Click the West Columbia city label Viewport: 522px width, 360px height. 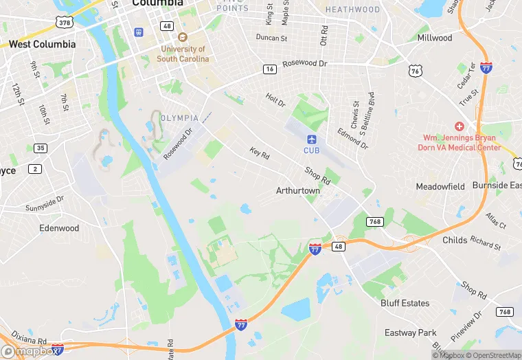[x=43, y=44]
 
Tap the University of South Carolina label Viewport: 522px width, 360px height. [x=183, y=54]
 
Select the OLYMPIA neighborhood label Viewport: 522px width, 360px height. [x=180, y=118]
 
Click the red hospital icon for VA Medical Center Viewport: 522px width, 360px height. [x=459, y=127]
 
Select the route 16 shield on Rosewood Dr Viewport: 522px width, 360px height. [x=269, y=69]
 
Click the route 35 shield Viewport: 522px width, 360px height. [x=41, y=148]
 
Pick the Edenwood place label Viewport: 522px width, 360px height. [x=59, y=228]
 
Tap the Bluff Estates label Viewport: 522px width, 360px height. [x=405, y=303]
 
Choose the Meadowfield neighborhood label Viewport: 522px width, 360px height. [x=440, y=186]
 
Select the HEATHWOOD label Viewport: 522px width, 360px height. [x=352, y=10]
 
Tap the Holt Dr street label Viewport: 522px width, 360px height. [x=275, y=100]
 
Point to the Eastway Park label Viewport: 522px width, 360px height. [x=410, y=333]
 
